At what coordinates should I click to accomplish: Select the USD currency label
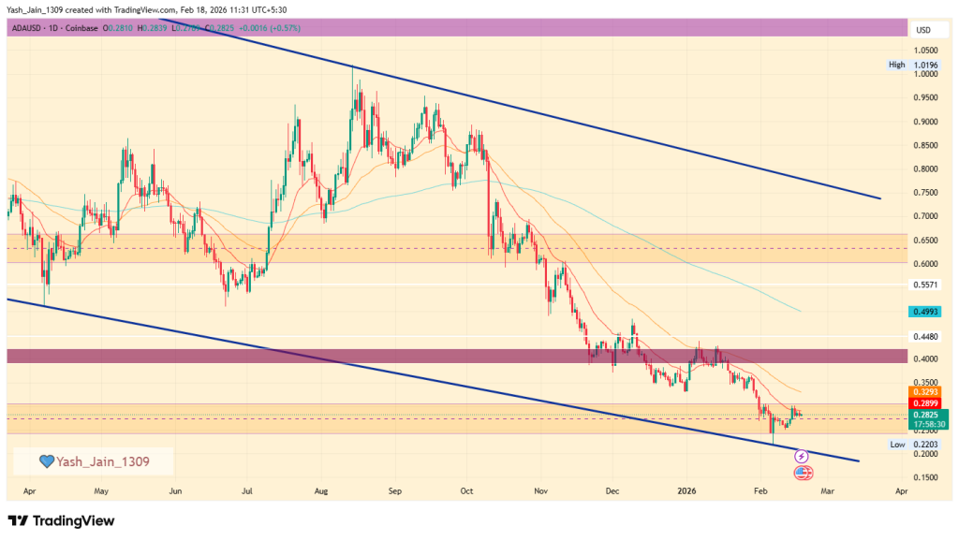[x=922, y=30]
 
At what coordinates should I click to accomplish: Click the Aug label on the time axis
[x=321, y=490]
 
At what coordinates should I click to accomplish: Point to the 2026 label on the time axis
[x=686, y=490]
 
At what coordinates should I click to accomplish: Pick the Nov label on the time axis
[x=540, y=490]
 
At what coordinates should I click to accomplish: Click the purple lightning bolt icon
[x=802, y=456]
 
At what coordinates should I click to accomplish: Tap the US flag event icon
[x=803, y=473]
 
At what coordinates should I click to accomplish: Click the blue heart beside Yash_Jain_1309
[x=46, y=461]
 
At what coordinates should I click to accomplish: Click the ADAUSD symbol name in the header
[x=28, y=28]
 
